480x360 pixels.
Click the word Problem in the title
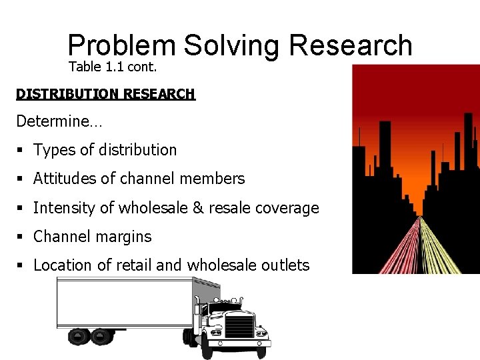[x=121, y=45]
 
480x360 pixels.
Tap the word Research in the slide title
[x=351, y=45]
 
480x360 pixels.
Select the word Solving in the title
[x=231, y=45]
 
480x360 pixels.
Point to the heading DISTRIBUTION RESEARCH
[x=105, y=94]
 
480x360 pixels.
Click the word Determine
[x=53, y=121]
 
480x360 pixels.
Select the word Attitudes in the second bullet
[x=64, y=179]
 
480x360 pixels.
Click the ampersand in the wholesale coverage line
[x=198, y=208]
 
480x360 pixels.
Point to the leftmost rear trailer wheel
[x=77, y=336]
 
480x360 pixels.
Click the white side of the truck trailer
[x=127, y=303]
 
